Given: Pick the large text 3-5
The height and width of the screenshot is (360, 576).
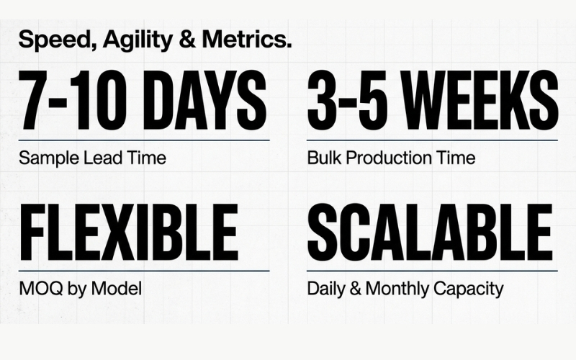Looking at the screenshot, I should pyautogui.click(x=345, y=101).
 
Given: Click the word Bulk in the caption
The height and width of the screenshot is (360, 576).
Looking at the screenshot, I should pyautogui.click(x=323, y=158).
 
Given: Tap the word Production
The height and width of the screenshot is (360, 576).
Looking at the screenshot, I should pyautogui.click(x=384, y=158).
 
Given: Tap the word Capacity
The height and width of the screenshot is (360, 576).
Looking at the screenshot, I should pyautogui.click(x=469, y=289).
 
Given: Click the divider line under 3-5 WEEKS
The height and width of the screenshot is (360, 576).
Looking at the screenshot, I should pyautogui.click(x=432, y=140).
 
